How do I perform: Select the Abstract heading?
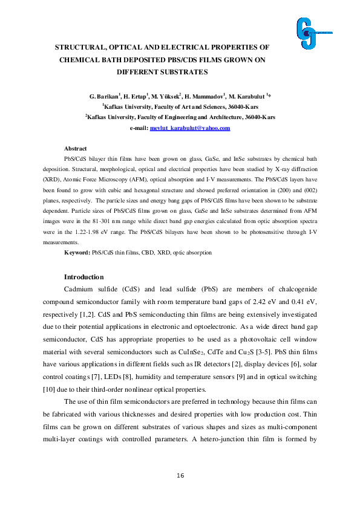[75, 149]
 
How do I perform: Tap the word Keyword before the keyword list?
[77, 251]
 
